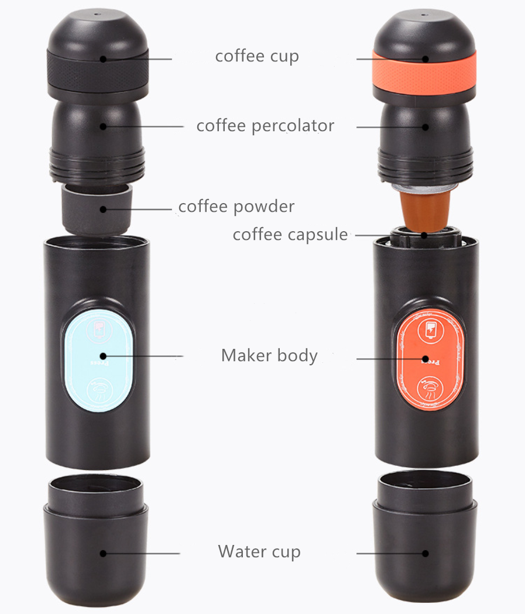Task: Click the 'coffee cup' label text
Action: click(x=257, y=56)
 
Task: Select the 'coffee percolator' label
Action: click(x=266, y=126)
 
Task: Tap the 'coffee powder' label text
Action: click(x=236, y=207)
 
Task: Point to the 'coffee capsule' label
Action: click(x=290, y=235)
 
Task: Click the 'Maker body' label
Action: click(x=269, y=356)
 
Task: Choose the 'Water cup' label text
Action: click(x=259, y=552)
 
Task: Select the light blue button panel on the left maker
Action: click(x=98, y=360)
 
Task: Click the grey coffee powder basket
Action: click(x=97, y=209)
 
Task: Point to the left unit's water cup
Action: click(x=96, y=540)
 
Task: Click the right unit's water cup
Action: click(x=424, y=540)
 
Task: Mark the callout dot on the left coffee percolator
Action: click(x=103, y=126)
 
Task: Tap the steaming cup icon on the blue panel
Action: click(x=99, y=390)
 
